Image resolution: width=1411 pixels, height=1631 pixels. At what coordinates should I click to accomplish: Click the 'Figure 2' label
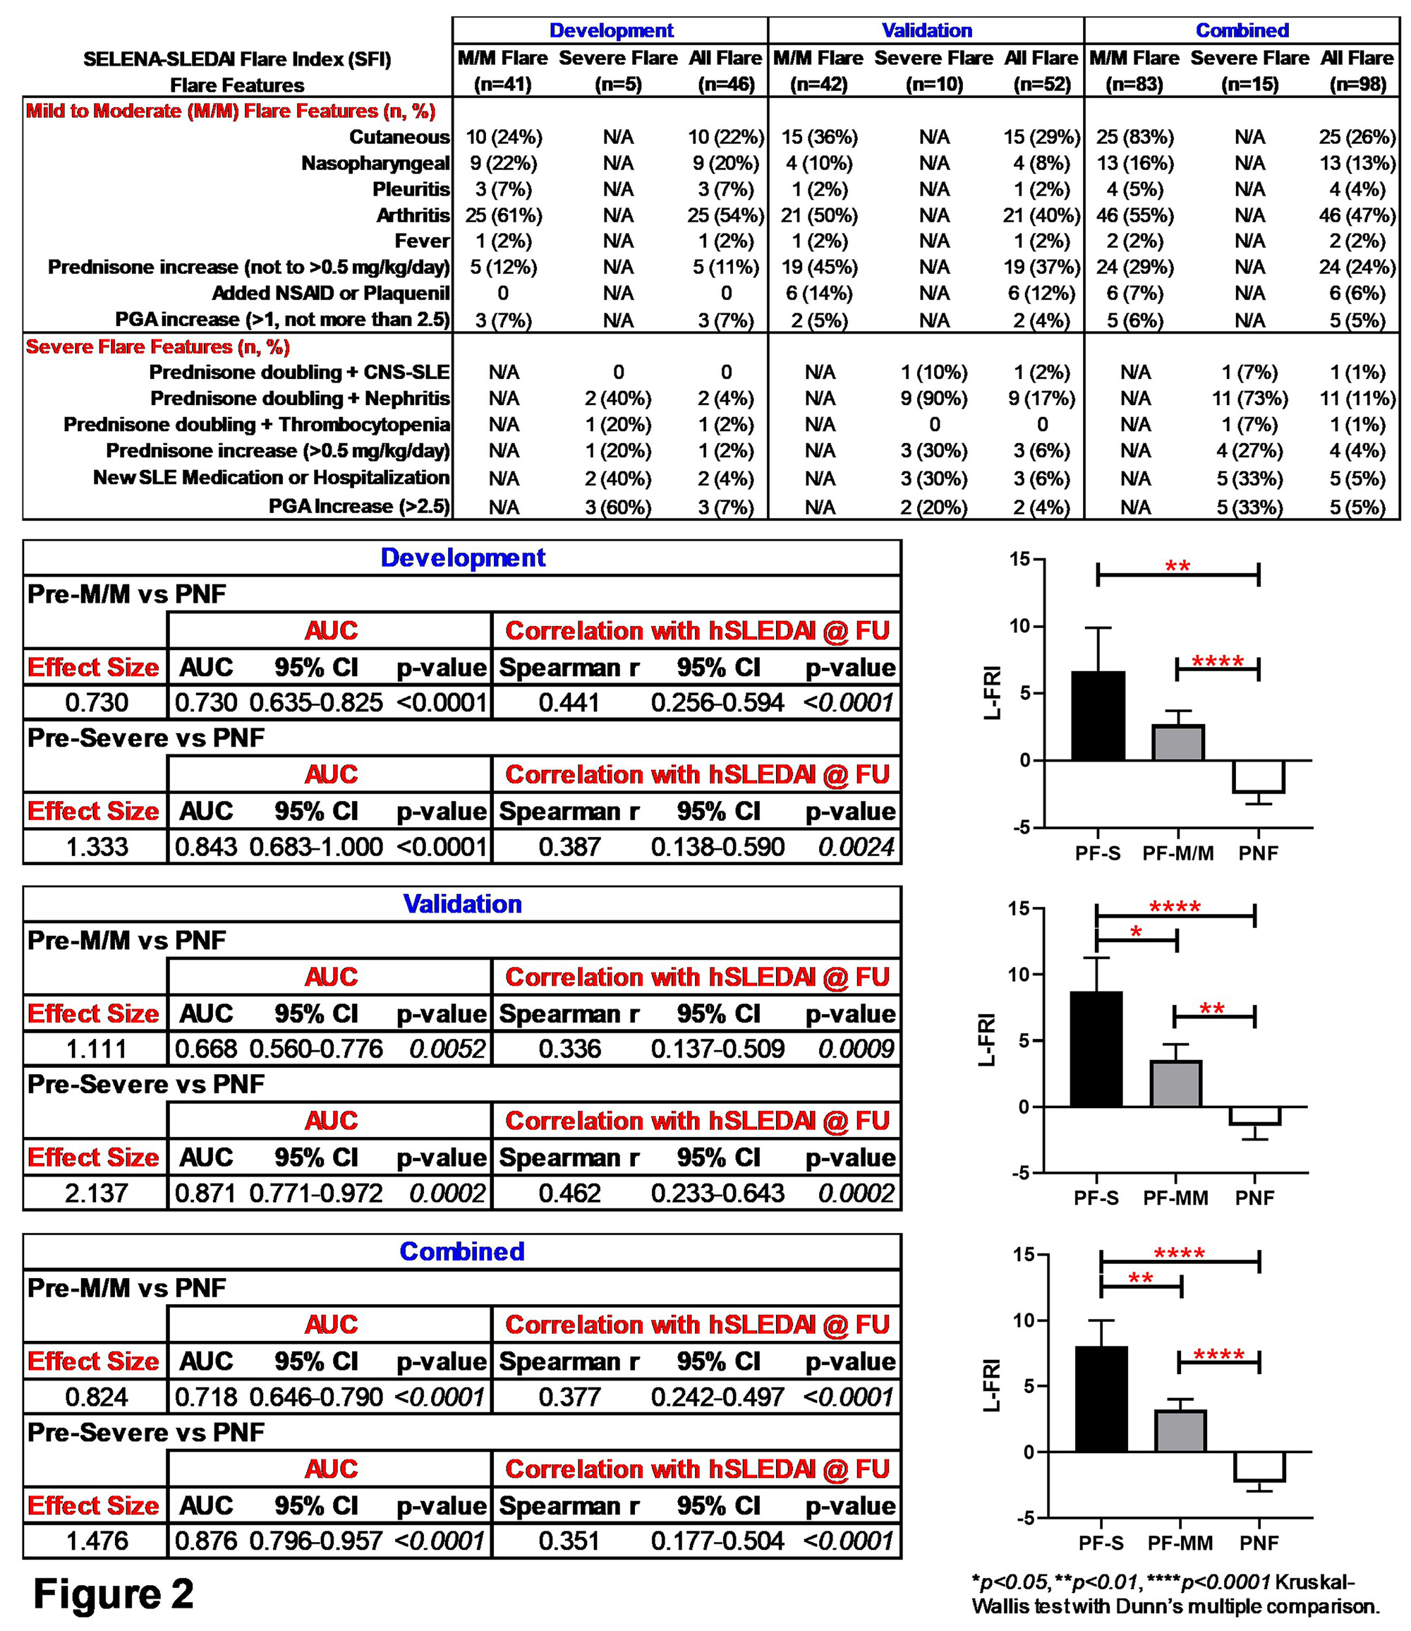(x=114, y=1593)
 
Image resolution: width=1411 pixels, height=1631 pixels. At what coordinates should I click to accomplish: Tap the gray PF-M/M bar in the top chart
(x=1178, y=742)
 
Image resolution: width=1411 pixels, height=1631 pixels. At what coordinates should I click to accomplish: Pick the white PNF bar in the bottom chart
(x=1259, y=1466)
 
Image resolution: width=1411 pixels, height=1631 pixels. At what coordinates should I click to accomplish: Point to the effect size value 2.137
(x=96, y=1193)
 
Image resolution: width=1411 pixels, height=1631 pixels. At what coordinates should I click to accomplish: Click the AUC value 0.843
(x=205, y=847)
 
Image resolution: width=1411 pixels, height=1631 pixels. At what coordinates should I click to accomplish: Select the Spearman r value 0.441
(x=569, y=702)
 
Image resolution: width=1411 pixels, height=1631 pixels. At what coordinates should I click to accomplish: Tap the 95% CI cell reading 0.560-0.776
(x=316, y=1049)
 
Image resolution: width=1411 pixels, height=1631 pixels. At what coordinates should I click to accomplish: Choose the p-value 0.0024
(x=856, y=847)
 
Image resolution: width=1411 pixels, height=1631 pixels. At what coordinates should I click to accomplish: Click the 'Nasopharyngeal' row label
(x=375, y=163)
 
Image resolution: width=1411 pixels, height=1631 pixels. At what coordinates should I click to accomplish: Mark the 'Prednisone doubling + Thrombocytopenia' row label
(x=257, y=424)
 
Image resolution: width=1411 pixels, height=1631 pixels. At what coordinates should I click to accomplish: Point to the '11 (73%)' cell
(x=1249, y=399)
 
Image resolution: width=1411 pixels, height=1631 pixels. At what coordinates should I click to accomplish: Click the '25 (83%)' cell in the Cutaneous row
(x=1134, y=137)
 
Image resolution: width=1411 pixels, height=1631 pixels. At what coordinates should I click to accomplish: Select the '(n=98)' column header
(x=1357, y=84)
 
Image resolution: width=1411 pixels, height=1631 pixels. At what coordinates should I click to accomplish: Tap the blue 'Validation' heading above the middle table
(x=462, y=903)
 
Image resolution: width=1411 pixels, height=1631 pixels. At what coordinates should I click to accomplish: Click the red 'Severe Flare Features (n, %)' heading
(x=157, y=347)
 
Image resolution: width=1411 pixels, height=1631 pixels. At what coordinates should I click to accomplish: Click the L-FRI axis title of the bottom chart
(x=991, y=1385)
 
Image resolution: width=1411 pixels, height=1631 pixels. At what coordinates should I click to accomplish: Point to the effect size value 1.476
(x=96, y=1541)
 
